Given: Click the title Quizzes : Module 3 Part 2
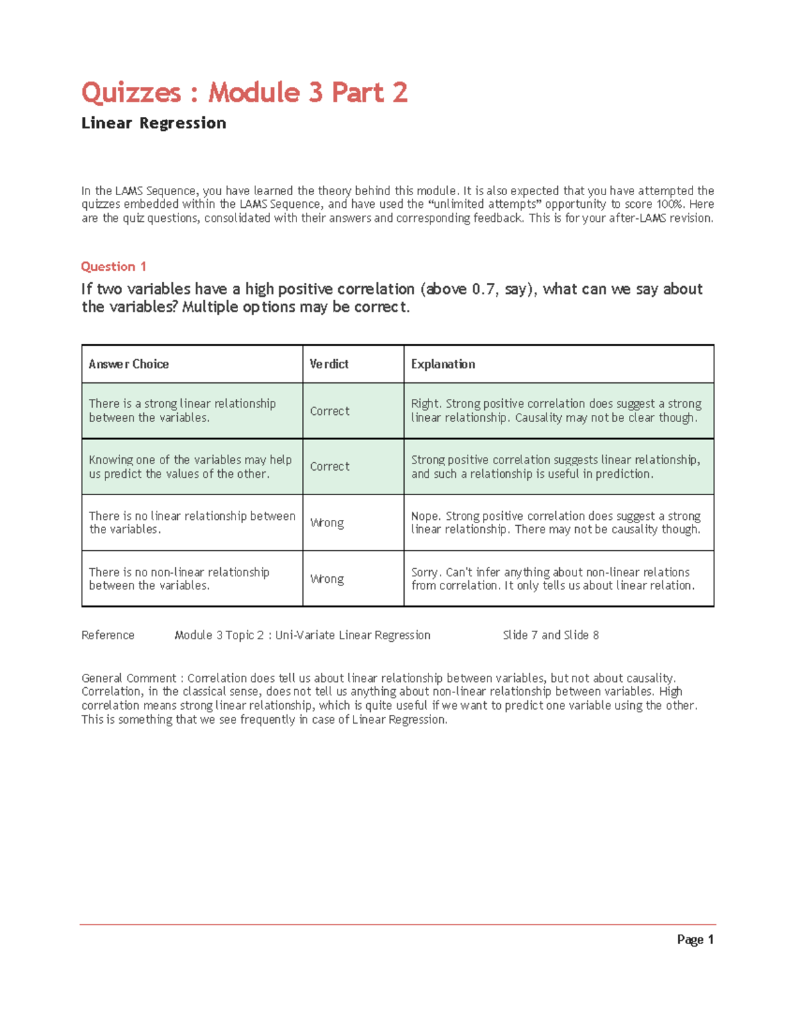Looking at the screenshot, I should point(244,92).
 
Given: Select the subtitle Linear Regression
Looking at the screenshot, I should point(153,123).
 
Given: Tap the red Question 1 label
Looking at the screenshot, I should point(113,266).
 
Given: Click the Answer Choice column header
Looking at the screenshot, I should point(129,364).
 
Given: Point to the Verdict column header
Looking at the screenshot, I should point(329,364).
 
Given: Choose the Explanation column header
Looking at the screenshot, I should point(442,364).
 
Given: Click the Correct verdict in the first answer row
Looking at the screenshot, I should point(330,411).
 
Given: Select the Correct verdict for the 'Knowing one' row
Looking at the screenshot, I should point(330,467).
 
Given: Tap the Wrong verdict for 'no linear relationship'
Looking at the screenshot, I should point(327,523).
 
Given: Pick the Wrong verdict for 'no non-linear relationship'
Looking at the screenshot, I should point(327,579).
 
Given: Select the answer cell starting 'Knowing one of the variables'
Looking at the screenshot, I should point(190,467).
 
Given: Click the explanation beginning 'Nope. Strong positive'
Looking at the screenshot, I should point(556,522).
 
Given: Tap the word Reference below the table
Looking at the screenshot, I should point(107,635).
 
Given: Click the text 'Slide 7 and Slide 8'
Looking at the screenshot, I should point(551,635).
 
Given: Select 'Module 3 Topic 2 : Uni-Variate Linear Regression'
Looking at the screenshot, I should point(302,635).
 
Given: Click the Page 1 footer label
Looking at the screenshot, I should point(695,939).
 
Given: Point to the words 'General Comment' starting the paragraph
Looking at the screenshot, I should point(129,678).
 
